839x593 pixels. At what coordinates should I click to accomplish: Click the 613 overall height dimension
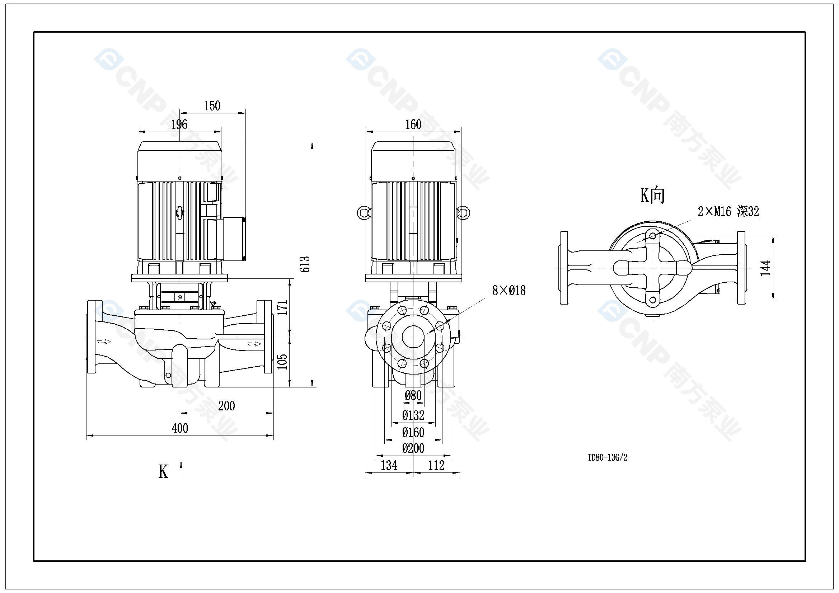[305, 264]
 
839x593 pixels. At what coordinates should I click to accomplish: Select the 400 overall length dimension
[180, 428]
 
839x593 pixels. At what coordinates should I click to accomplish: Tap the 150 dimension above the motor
[212, 106]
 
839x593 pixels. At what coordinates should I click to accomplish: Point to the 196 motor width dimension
[179, 124]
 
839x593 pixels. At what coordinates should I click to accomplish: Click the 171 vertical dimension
[282, 308]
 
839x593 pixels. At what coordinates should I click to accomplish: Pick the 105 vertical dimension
[282, 362]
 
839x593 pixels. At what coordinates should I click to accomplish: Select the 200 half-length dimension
[226, 406]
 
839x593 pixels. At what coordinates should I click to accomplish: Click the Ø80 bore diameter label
[413, 396]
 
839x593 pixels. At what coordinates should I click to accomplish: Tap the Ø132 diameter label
[413, 415]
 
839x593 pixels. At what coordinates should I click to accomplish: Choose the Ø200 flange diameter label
[413, 448]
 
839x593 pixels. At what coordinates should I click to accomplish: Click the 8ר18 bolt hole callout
[508, 291]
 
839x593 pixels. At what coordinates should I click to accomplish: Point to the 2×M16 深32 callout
[728, 212]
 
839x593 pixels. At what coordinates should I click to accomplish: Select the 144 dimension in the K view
[765, 268]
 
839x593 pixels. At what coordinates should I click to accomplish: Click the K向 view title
[652, 196]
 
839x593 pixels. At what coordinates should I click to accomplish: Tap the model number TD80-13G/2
[607, 457]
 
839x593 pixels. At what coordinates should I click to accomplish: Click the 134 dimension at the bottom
[389, 466]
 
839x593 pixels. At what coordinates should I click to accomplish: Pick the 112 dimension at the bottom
[436, 466]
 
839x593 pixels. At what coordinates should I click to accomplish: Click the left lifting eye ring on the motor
[363, 213]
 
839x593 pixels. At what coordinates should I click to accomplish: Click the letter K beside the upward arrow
[163, 472]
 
